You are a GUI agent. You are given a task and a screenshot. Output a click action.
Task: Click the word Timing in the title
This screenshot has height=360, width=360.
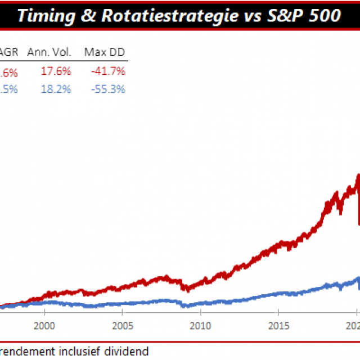click(43, 15)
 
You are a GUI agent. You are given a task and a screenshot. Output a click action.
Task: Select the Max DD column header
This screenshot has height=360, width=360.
click(104, 53)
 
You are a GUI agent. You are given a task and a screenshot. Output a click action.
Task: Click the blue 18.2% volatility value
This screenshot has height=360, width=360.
click(56, 89)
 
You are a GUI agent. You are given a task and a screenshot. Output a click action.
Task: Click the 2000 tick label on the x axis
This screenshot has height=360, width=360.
click(44, 325)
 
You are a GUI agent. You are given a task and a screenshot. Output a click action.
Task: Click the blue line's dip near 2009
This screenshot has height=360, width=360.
click(185, 307)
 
